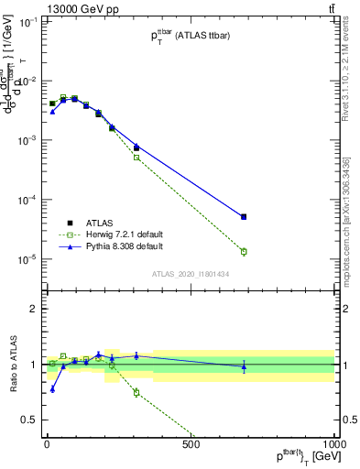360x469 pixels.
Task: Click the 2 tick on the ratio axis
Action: coord(33,309)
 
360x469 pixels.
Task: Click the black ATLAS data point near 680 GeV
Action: coord(244,217)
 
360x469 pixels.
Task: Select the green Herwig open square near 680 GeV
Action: coord(244,251)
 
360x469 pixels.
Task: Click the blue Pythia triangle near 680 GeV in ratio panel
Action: coord(244,367)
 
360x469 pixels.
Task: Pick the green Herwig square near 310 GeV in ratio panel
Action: coord(136,392)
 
